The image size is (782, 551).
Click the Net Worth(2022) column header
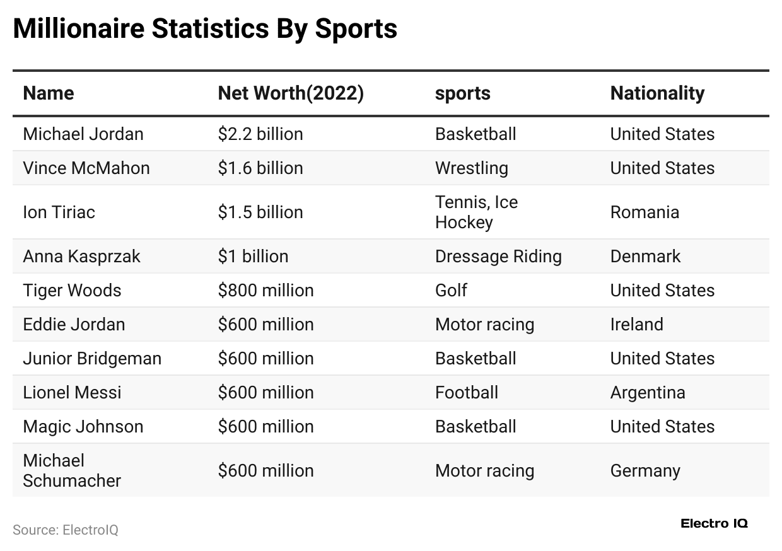pos(291,93)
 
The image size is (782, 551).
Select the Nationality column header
pos(657,93)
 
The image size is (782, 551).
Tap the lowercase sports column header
pos(462,93)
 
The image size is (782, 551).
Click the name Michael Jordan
pos(83,134)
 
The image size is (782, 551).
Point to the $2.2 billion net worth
pos(260,134)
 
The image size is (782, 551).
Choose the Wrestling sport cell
pos(471,168)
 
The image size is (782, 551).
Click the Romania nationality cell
pos(645,212)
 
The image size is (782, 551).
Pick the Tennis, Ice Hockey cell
pos(476,212)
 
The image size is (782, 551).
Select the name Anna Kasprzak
pos(82,257)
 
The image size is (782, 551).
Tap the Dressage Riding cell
pos(498,257)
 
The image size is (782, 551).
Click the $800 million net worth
pos(266,291)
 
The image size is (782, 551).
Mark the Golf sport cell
pos(451,291)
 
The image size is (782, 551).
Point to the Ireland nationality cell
pos(636,325)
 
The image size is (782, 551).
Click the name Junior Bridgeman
pos(92,359)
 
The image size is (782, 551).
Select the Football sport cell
pos(467,393)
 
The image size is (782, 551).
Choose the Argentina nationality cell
pos(648,393)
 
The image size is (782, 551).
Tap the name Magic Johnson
pos(83,427)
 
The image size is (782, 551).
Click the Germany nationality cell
pos(645,471)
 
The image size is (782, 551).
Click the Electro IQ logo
pos(714,523)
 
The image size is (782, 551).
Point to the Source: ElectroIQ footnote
pos(66,530)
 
